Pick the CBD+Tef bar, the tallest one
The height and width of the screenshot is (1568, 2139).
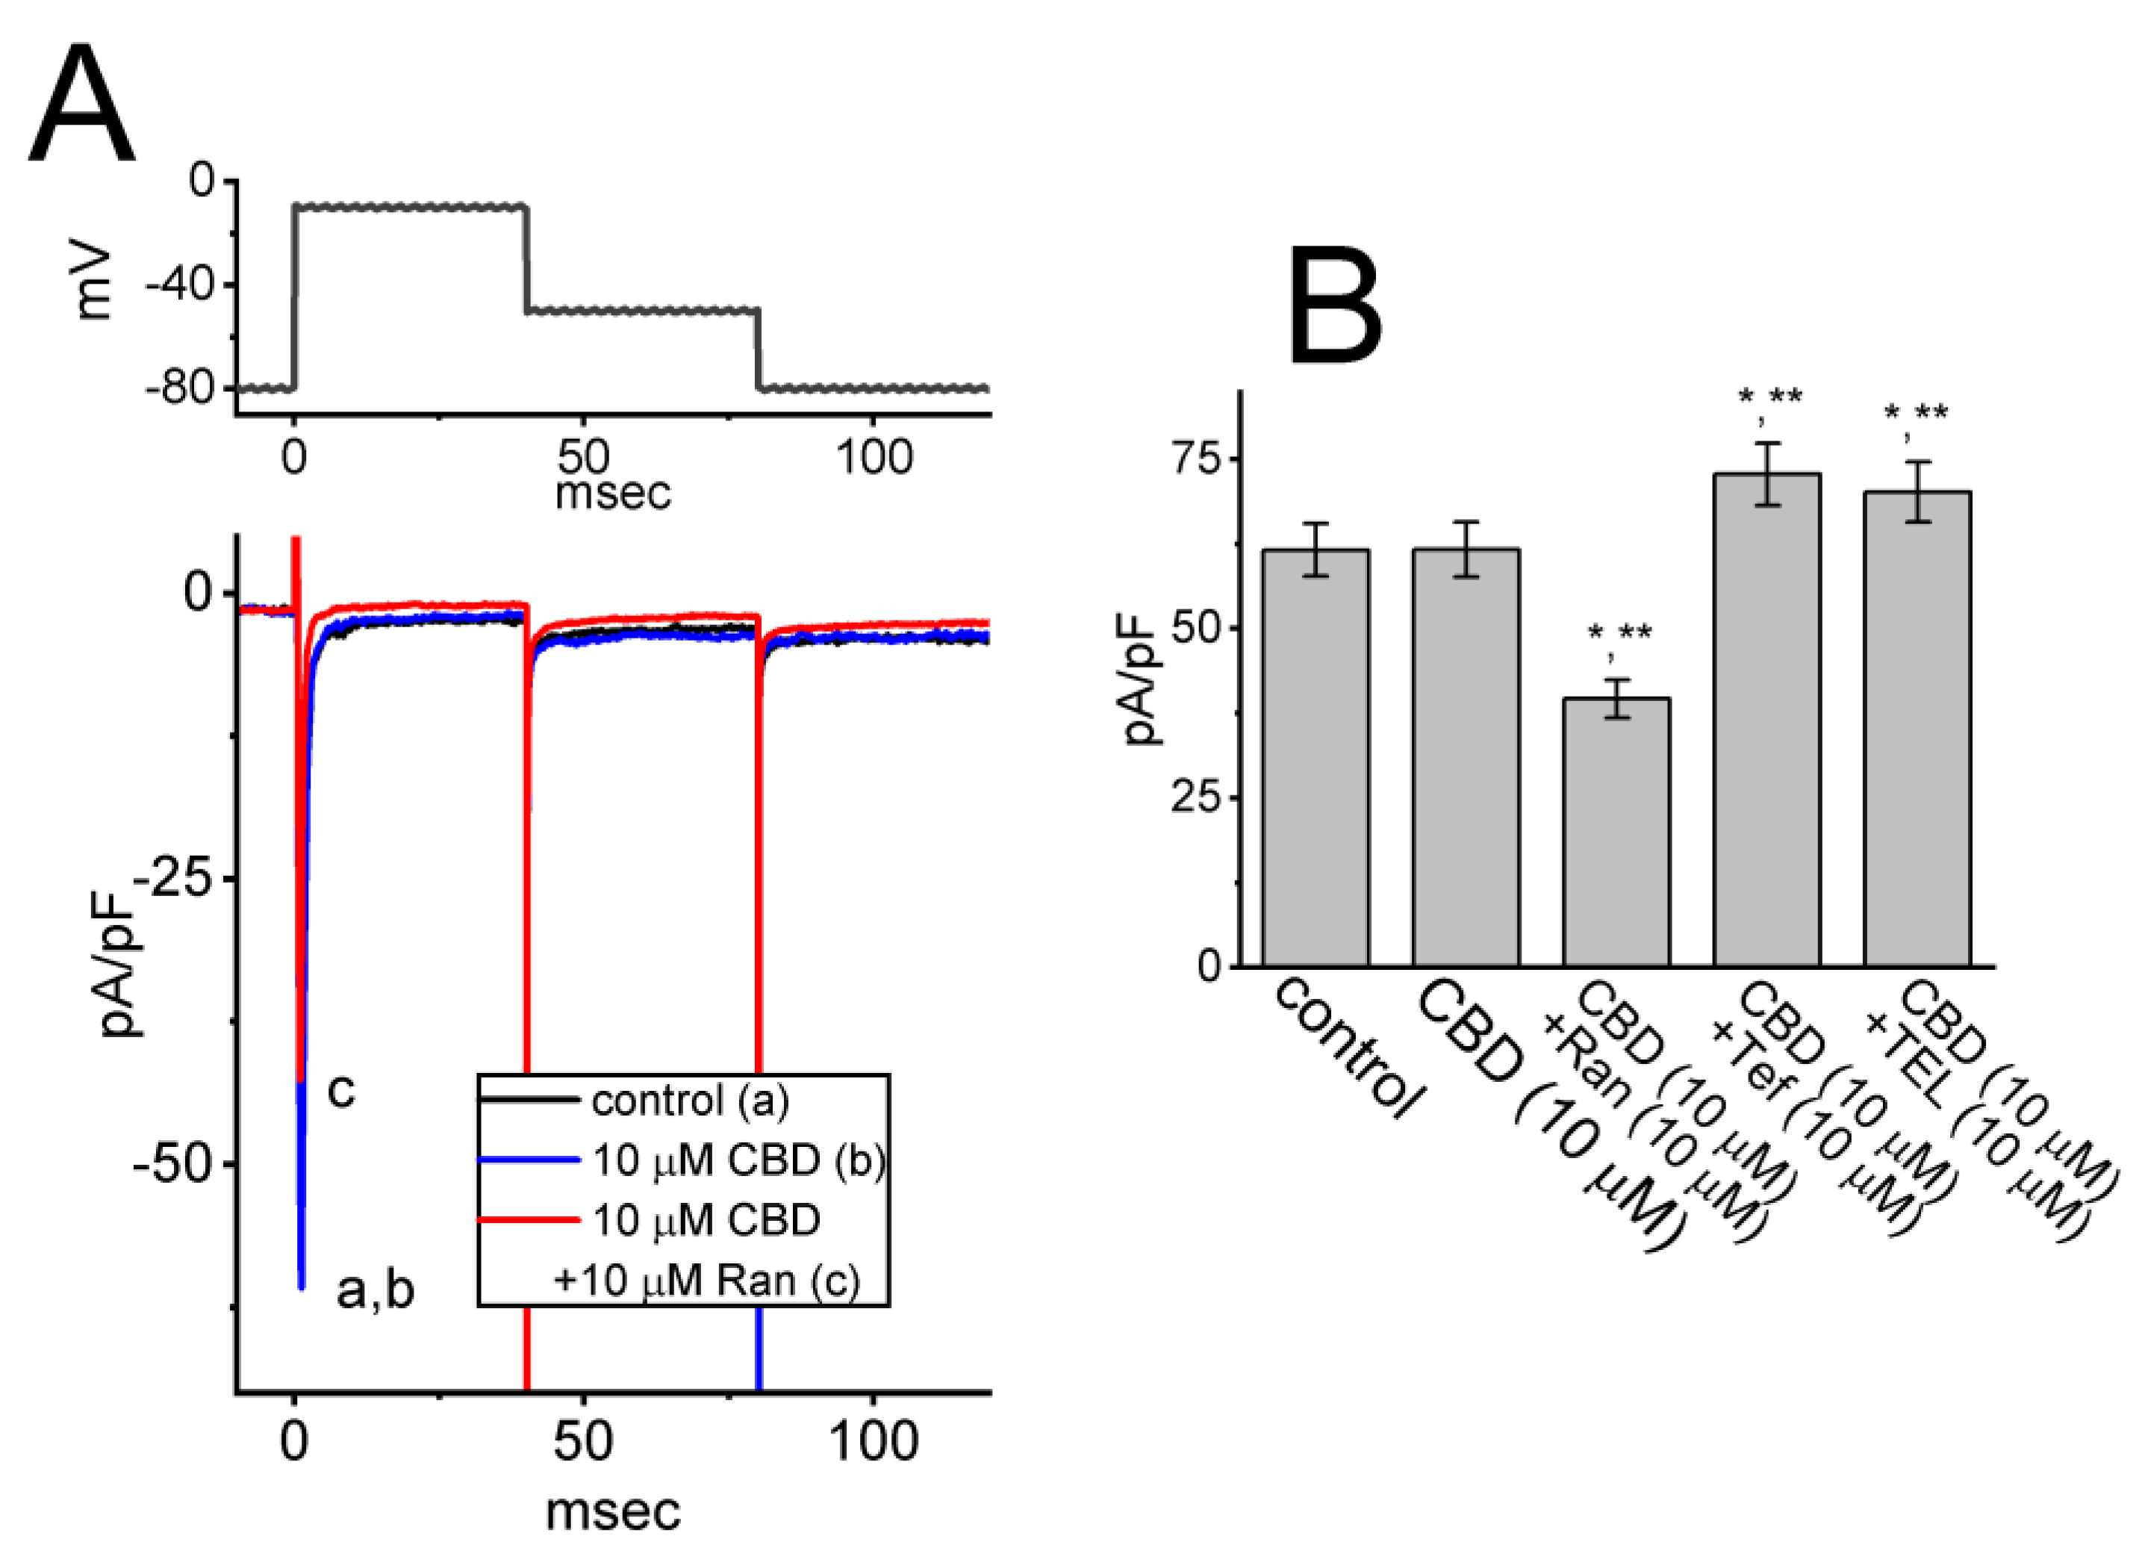tap(1766, 721)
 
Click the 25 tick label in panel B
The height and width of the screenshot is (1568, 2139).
tap(1198, 797)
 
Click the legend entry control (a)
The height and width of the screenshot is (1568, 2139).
tap(689, 1101)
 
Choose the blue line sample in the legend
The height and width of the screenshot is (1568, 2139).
tap(528, 1160)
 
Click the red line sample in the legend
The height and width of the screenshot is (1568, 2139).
tap(528, 1219)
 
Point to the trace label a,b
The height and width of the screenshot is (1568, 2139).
tap(375, 1291)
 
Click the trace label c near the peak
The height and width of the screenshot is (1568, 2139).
tap(340, 1092)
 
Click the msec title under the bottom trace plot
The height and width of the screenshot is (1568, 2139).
tap(612, 1511)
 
